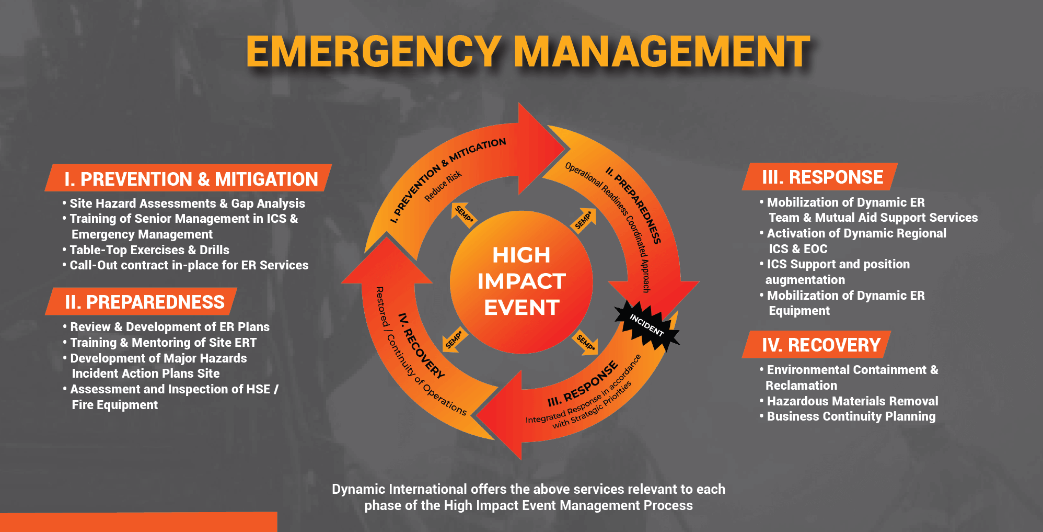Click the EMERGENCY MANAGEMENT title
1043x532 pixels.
tap(528, 52)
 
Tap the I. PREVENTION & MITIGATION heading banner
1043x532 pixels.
tap(190, 179)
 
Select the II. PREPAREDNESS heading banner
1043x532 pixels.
tap(144, 302)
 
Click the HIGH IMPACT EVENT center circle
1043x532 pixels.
tap(521, 281)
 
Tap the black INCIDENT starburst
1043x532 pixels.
tap(647, 325)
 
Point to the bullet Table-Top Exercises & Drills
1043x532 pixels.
tap(149, 250)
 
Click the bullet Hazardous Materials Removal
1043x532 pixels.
tap(852, 401)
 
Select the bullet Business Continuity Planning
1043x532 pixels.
tap(851, 416)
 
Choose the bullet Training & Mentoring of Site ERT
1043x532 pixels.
tap(163, 343)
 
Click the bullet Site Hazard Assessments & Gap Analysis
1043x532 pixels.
tap(187, 203)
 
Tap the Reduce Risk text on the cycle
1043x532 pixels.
tap(443, 186)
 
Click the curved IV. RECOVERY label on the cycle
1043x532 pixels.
tap(421, 345)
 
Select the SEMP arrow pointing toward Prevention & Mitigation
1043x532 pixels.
tap(462, 213)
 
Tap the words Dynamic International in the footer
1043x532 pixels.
tap(399, 489)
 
